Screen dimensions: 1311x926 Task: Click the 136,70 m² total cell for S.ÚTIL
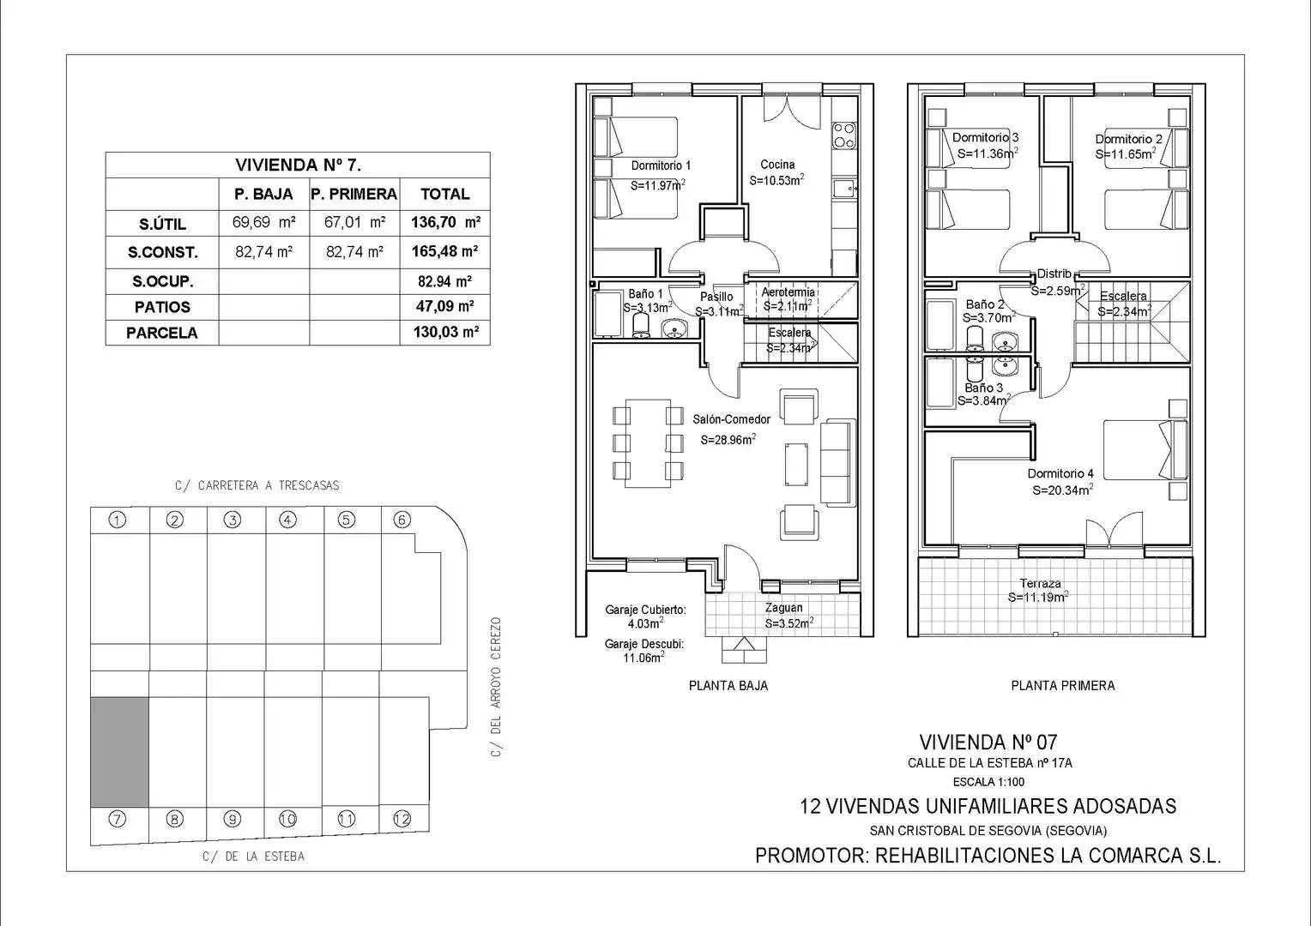point(445,222)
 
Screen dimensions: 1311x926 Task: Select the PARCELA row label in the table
point(162,333)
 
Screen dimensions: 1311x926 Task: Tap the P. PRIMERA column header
point(354,195)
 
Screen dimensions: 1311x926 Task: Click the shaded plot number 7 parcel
point(119,752)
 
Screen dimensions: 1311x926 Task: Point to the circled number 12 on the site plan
point(402,819)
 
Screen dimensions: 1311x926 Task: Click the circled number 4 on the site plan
point(287,520)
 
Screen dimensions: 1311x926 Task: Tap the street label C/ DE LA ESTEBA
point(253,857)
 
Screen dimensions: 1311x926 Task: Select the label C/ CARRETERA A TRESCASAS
point(257,485)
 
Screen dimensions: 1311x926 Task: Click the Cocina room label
point(777,165)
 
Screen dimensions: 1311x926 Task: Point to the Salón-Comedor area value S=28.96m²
point(728,439)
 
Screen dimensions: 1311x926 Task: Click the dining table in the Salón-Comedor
point(648,442)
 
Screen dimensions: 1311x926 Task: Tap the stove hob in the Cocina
point(844,135)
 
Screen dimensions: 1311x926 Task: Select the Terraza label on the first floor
point(1040,583)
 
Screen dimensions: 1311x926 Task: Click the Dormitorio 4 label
point(1060,473)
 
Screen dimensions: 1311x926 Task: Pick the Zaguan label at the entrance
point(783,608)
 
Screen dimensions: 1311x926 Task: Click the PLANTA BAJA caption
point(728,686)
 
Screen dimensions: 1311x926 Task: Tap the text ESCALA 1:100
point(988,781)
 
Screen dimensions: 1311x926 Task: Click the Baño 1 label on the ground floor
point(645,293)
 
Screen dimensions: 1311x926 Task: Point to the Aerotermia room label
point(788,292)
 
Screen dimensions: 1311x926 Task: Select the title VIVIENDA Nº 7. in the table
point(298,165)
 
